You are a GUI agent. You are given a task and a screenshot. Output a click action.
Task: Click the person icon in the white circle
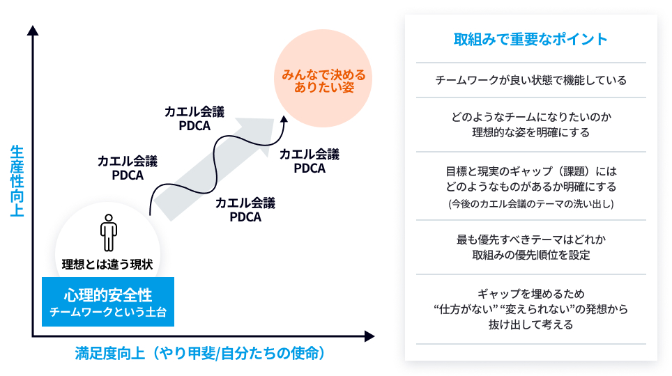[x=108, y=233]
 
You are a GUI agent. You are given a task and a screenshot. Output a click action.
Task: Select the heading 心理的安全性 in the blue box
[x=107, y=295]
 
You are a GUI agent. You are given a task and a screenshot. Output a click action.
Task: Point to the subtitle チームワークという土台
[x=107, y=313]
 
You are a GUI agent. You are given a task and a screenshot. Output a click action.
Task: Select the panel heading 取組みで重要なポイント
[x=530, y=39]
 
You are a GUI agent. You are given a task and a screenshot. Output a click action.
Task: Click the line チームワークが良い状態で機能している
[x=530, y=80]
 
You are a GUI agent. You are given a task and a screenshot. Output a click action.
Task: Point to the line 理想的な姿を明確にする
[x=530, y=132]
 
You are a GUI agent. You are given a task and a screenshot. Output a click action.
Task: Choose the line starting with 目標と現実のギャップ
[x=530, y=171]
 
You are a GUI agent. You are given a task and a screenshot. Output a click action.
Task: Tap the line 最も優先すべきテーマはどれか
[x=530, y=240]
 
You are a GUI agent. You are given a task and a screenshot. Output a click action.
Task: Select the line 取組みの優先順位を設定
[x=530, y=255]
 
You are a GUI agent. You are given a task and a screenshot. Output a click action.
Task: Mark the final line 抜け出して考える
[x=530, y=324]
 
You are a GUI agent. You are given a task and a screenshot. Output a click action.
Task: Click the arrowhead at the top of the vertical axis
[x=33, y=31]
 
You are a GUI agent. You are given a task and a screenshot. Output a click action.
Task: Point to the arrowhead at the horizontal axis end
[x=370, y=337]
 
